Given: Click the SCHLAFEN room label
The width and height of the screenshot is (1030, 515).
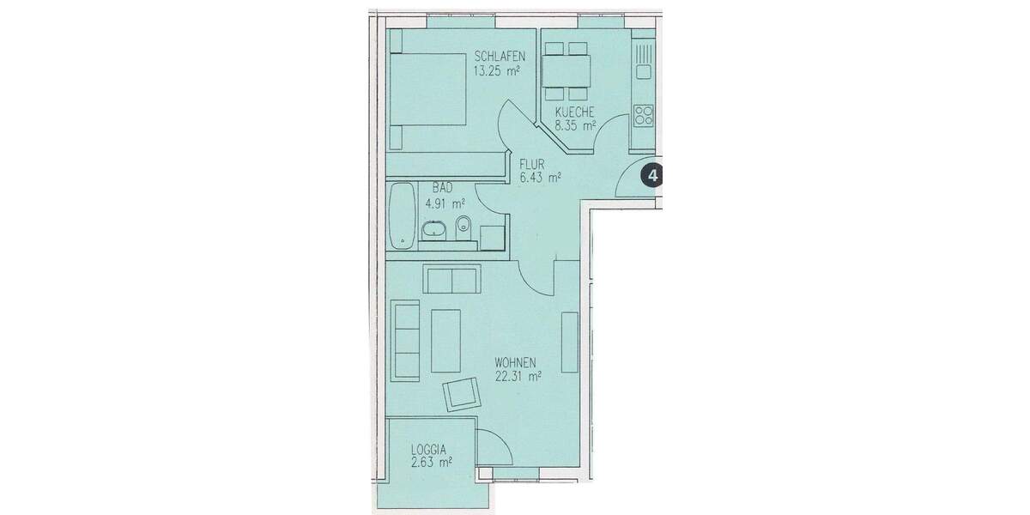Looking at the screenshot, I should point(500,58).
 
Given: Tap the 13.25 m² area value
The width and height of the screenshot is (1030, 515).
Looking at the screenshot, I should point(496,71).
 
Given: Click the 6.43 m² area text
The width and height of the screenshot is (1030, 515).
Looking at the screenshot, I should point(540,179).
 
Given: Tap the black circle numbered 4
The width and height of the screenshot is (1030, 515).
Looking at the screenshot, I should point(654,176).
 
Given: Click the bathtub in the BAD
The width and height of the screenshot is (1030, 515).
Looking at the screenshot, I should point(400,215).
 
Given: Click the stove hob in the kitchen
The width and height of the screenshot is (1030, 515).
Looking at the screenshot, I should point(644,114).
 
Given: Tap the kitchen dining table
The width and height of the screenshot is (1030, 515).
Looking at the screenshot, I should point(566,69).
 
